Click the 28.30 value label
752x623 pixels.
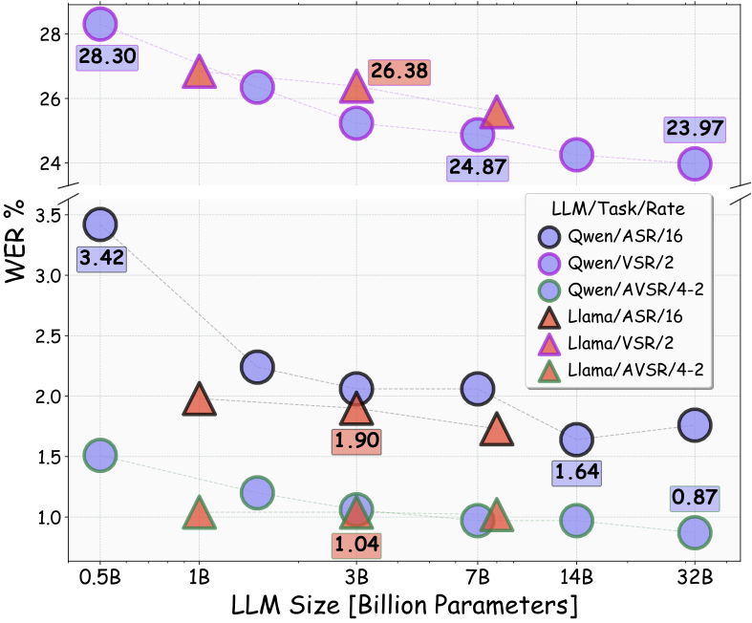[106, 57]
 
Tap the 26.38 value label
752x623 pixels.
[399, 72]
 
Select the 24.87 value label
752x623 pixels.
[477, 168]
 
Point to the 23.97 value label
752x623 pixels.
[695, 129]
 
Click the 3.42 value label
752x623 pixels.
[100, 258]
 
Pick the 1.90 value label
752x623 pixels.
[356, 442]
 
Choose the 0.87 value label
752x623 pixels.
[695, 498]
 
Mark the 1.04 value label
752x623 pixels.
[356, 546]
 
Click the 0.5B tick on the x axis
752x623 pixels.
[100, 576]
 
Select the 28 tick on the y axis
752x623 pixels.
[52, 34]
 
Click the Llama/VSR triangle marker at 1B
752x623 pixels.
[199, 74]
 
